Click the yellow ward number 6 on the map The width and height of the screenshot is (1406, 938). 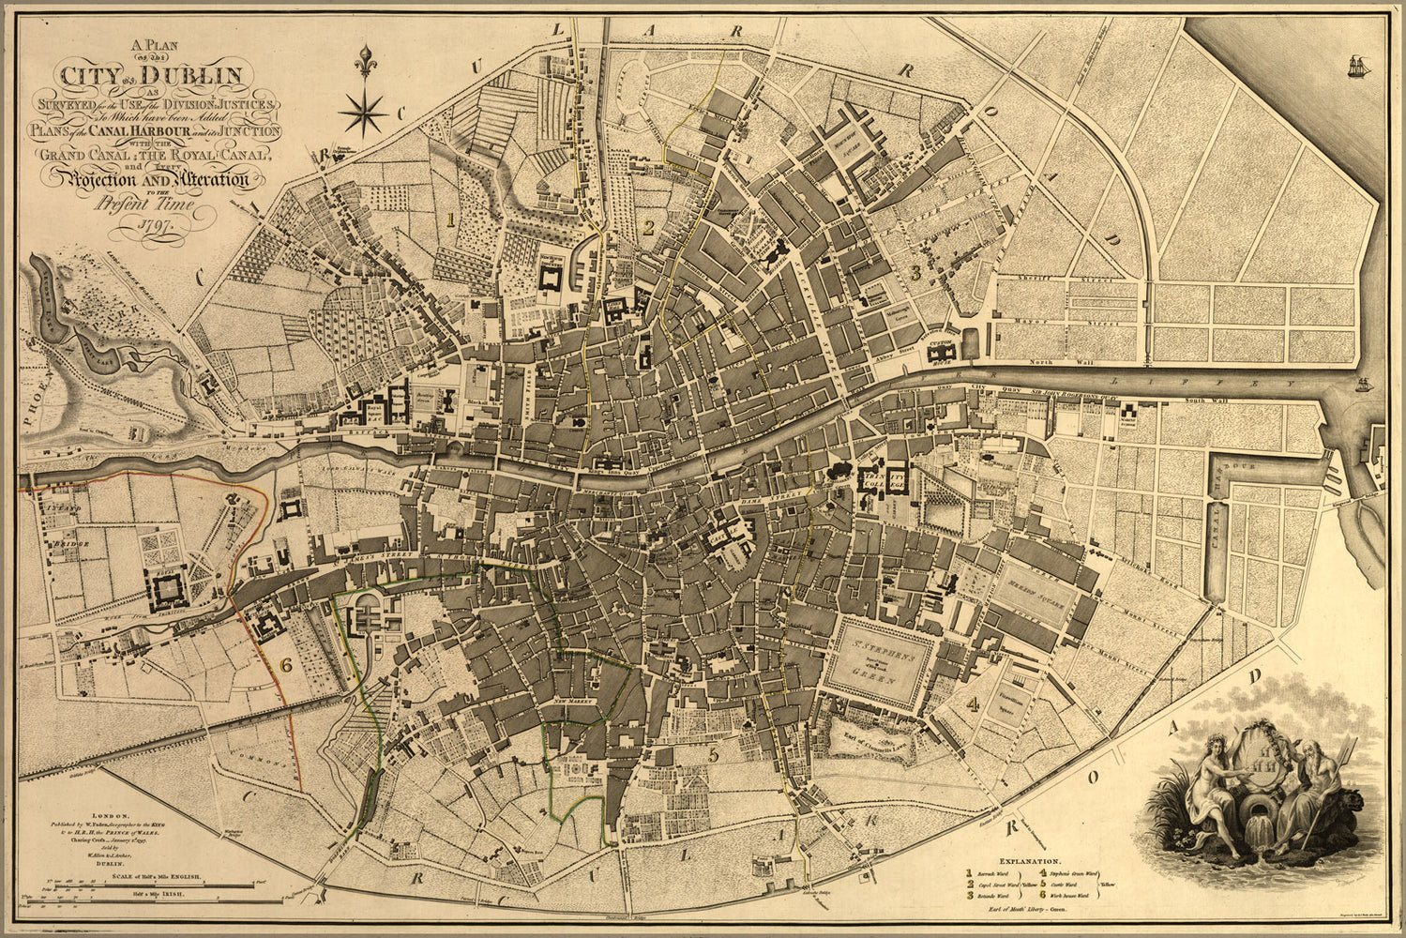coord(286,664)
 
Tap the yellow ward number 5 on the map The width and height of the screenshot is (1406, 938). coord(714,753)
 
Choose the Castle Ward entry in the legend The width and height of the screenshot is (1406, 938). coord(1089,884)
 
